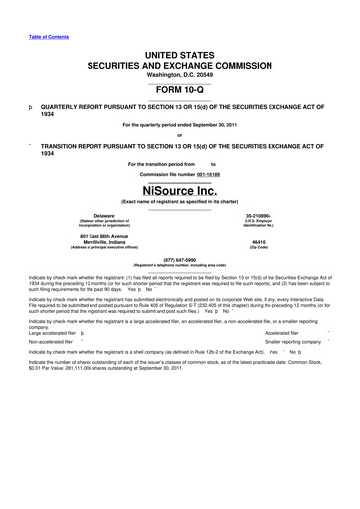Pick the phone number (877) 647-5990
point(179,260)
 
